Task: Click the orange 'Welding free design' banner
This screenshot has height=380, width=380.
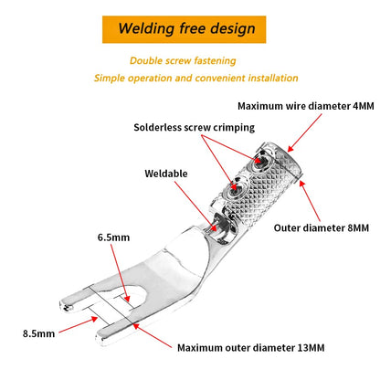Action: point(184,29)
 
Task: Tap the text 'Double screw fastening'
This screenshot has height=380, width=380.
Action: point(183,60)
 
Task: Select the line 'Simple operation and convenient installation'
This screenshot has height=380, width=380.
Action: point(195,78)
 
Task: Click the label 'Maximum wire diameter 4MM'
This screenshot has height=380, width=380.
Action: point(306,106)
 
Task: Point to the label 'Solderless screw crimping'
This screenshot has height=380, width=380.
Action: point(195,127)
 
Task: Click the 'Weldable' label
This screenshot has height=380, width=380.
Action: point(166,174)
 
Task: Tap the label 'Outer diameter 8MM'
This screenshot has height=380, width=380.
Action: point(322,227)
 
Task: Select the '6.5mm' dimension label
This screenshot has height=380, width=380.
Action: point(113,237)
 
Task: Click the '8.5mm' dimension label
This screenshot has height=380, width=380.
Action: point(38,333)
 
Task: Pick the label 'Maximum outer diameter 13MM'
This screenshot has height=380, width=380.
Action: point(251,348)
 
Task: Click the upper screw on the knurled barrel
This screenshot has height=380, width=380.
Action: point(259,161)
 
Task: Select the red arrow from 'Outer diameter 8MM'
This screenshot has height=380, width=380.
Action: point(310,201)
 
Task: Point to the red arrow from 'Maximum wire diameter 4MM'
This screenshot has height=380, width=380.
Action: point(304,133)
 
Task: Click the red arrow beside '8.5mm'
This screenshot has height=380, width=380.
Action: point(79,324)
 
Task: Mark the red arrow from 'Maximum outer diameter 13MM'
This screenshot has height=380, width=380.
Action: point(152,335)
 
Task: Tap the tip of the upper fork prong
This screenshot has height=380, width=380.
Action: point(60,304)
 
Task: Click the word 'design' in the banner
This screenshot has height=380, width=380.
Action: point(233,29)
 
